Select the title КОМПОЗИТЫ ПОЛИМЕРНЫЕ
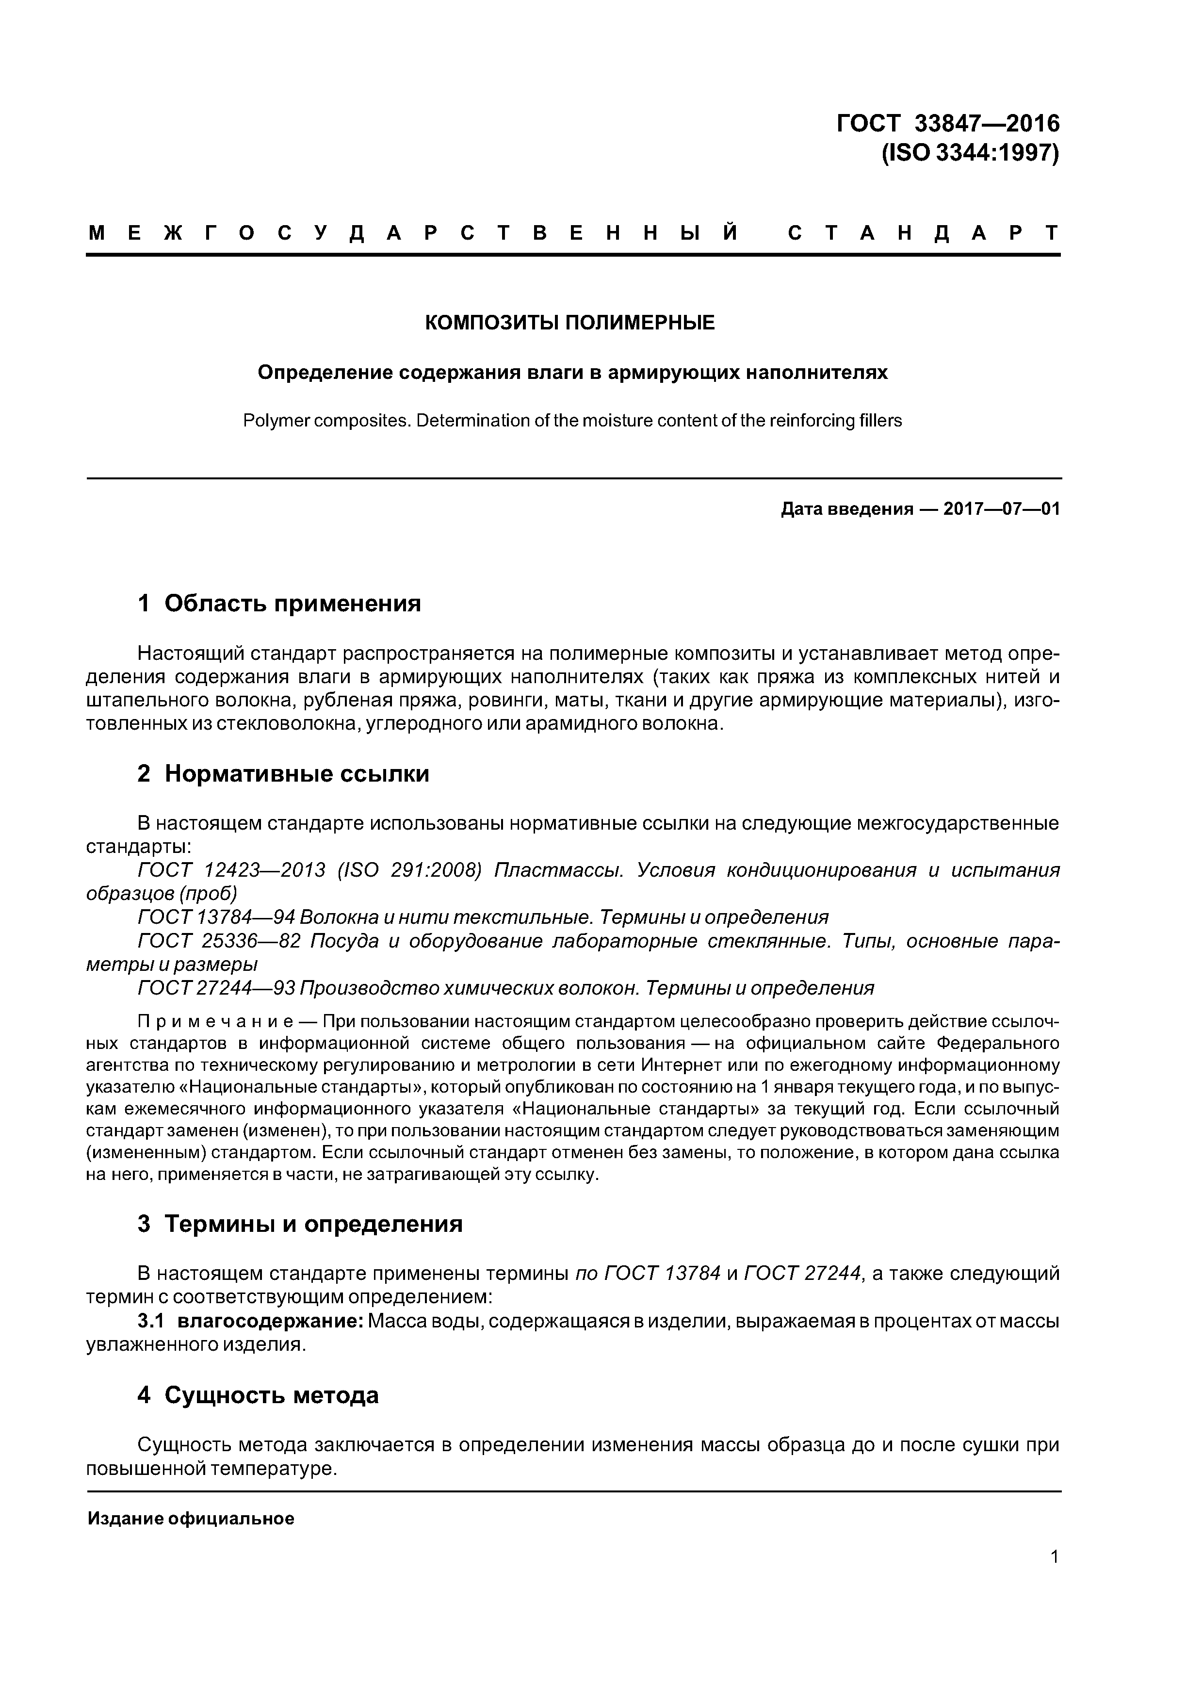[569, 323]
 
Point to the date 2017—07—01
[1001, 509]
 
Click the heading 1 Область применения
[279, 604]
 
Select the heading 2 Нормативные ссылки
[283, 774]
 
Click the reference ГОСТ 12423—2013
[231, 870]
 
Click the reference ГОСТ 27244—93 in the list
[217, 988]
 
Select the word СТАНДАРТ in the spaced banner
[923, 233]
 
